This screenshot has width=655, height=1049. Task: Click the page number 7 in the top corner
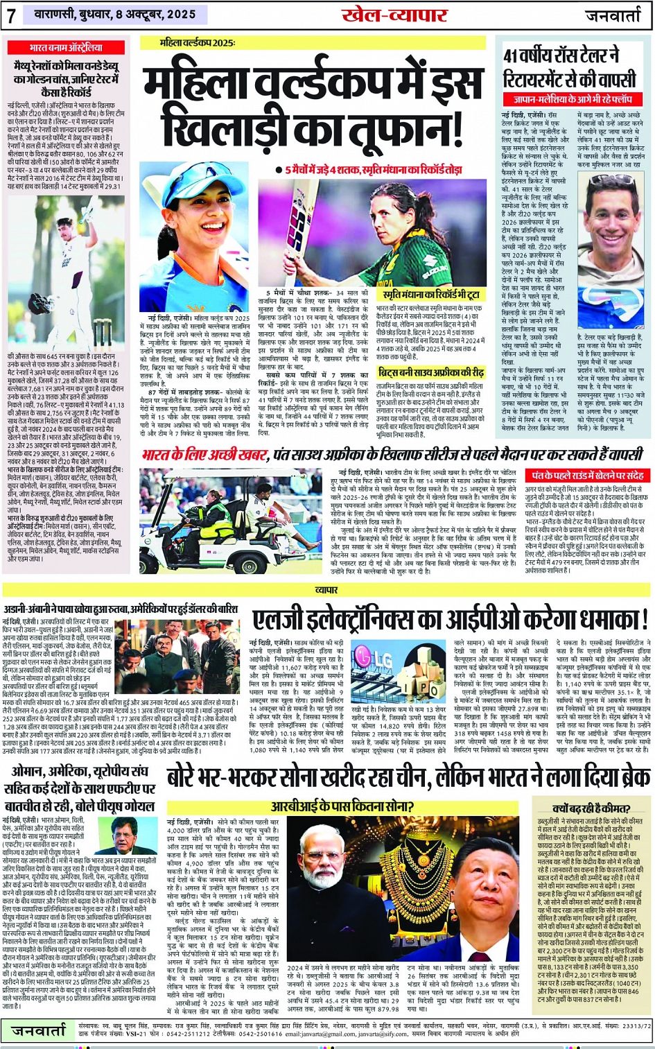[x=12, y=15]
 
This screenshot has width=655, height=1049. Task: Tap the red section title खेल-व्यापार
[x=394, y=15]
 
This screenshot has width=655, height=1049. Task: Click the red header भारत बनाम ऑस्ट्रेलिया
[x=66, y=48]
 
